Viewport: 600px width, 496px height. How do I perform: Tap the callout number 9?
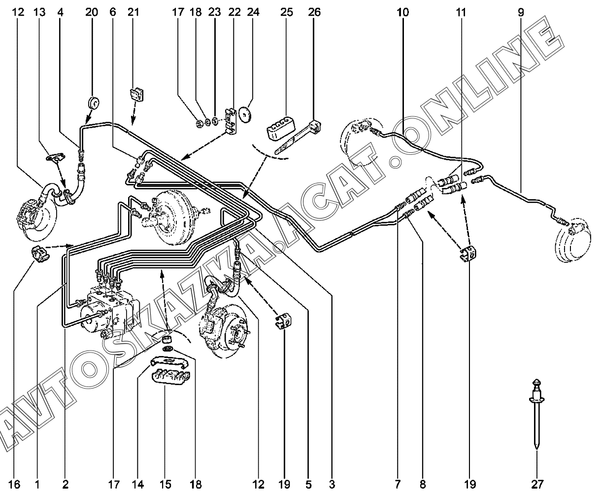[521, 12]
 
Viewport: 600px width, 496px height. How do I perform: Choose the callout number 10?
[402, 12]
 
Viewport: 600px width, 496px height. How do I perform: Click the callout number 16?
[15, 485]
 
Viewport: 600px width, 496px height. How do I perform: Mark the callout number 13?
[39, 12]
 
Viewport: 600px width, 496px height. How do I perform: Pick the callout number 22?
[234, 12]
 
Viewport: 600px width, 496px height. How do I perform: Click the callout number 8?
[423, 485]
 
